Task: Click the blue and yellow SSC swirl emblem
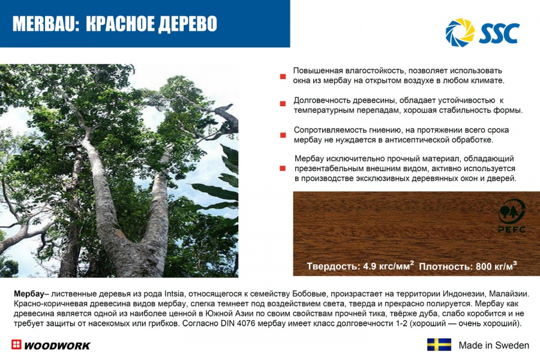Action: tap(460, 32)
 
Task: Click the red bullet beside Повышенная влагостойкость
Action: tap(283, 76)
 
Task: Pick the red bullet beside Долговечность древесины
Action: tap(283, 104)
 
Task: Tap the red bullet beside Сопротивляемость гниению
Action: tap(283, 135)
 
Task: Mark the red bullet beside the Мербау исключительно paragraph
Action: tap(283, 169)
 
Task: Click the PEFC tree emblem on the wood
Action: tap(511, 212)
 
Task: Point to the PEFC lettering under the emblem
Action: tap(512, 229)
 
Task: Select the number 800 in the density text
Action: tap(483, 266)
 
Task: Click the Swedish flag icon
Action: tap(439, 344)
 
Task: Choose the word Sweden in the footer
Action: tap(513, 345)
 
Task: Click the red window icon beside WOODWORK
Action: tap(16, 344)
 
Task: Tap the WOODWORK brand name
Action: tap(57, 346)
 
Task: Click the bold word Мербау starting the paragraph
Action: tap(29, 294)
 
